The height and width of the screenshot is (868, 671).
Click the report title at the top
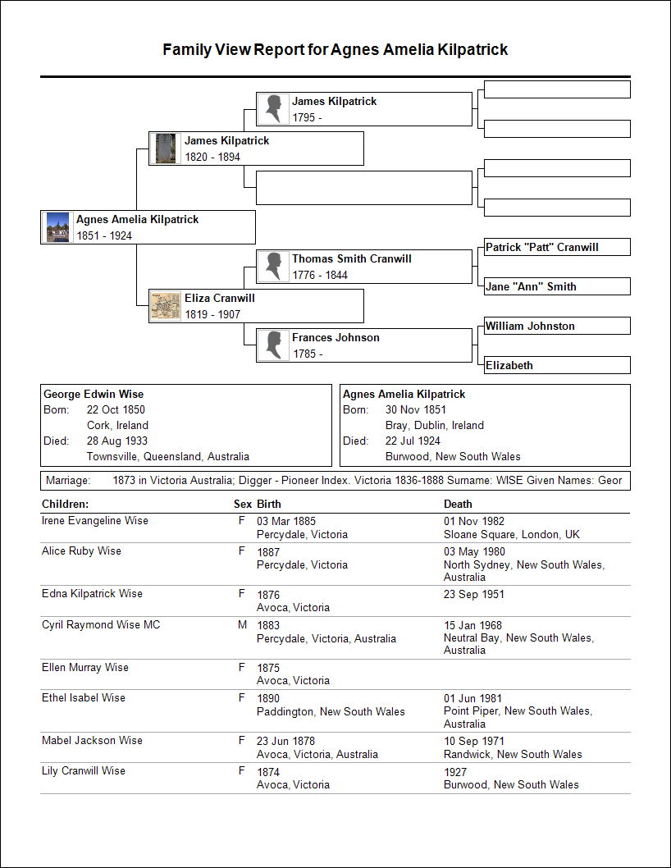tap(335, 50)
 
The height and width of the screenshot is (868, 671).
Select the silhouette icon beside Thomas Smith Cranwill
tap(272, 267)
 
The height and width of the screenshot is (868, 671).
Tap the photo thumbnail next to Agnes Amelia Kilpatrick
tap(57, 227)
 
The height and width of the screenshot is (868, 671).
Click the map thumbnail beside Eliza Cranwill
tap(166, 306)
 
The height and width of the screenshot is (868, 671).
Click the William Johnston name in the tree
tap(530, 326)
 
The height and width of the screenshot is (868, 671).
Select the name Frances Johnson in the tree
tap(335, 337)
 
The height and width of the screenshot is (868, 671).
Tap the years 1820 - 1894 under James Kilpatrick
tap(212, 157)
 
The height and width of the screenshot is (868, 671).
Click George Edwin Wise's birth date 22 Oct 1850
tap(116, 409)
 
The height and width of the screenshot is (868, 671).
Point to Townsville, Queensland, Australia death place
tap(168, 456)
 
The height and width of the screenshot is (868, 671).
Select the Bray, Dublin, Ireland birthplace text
tap(435, 425)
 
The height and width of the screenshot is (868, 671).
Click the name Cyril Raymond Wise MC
tap(101, 625)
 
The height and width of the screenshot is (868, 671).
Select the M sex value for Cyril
tap(242, 625)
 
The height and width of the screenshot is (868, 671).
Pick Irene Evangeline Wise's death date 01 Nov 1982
tap(474, 521)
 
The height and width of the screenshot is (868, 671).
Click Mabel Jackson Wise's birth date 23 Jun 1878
tap(286, 741)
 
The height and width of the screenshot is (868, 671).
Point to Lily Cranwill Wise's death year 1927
tap(455, 771)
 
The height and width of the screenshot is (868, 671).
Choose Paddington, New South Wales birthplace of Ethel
tap(331, 711)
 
